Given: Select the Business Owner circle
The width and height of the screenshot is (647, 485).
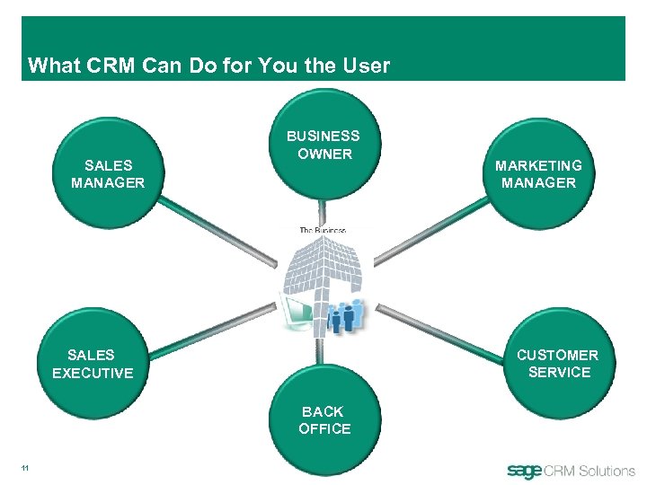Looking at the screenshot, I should click(323, 148).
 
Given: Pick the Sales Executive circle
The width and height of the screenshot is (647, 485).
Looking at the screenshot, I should click(93, 364).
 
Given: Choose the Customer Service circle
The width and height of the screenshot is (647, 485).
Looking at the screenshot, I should click(557, 364).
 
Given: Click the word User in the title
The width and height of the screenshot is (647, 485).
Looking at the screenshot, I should click(368, 66).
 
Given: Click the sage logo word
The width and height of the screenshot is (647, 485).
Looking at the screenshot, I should click(524, 471).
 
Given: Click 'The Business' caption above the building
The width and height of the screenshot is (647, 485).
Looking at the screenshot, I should click(323, 231).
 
